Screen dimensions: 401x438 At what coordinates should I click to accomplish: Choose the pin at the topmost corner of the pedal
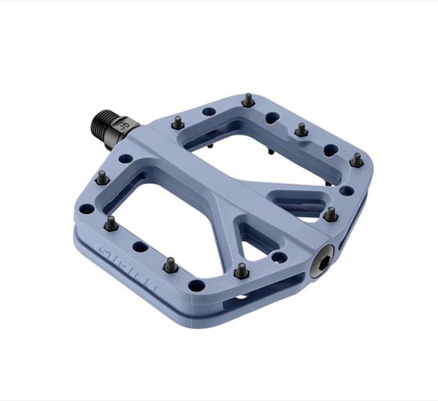(248, 100)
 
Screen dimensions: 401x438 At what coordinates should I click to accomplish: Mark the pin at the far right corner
(356, 160)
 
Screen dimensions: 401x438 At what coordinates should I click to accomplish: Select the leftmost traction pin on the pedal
(103, 177)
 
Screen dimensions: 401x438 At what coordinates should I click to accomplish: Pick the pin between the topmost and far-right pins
(301, 129)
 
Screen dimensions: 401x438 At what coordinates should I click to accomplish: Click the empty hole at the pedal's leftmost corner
(90, 206)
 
